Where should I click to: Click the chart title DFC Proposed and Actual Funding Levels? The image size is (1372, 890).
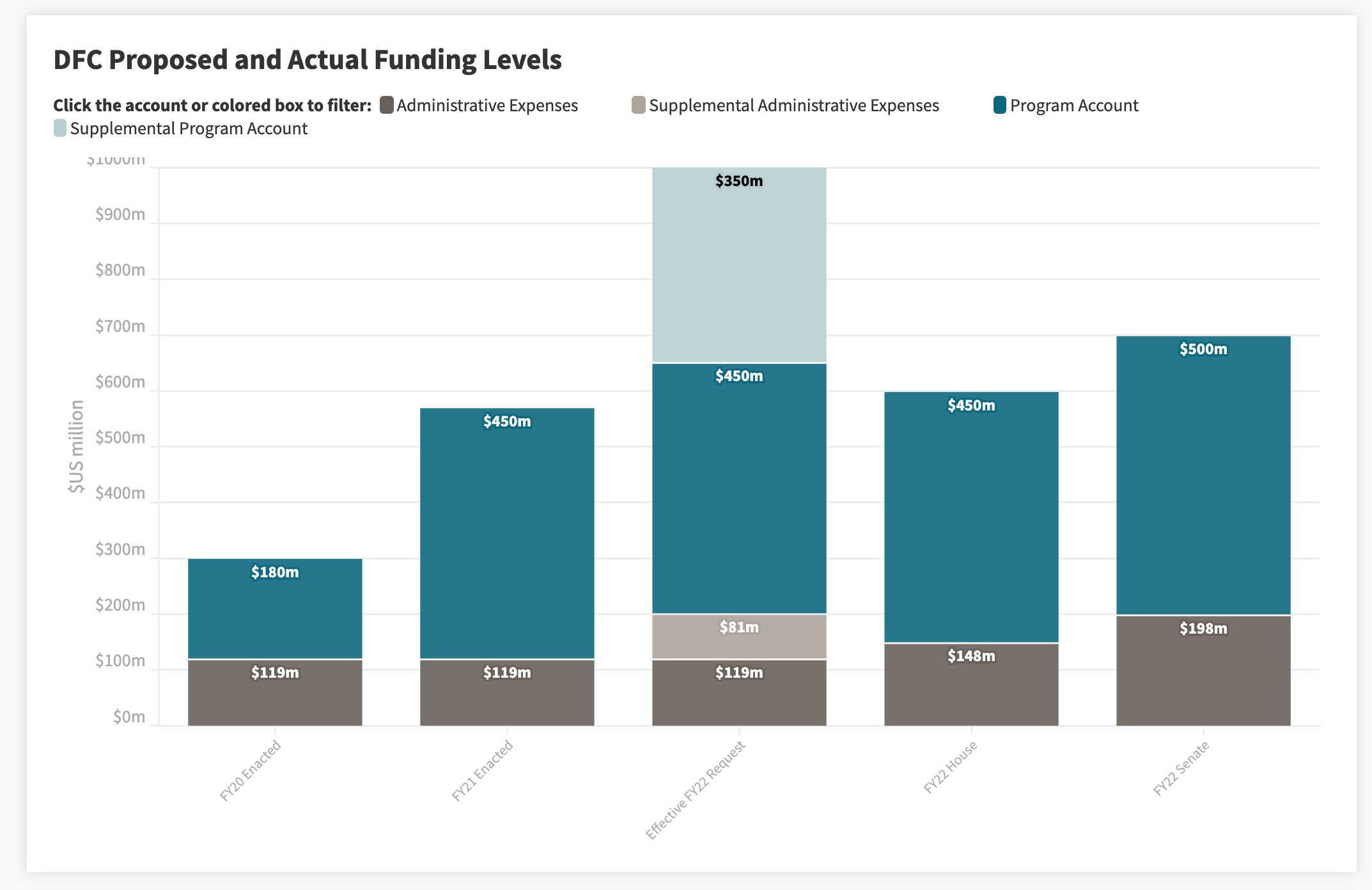[x=307, y=60]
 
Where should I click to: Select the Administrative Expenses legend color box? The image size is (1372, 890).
[x=386, y=105]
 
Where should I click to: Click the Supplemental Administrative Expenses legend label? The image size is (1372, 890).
[x=793, y=105]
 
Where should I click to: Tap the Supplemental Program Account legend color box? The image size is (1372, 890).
[x=60, y=129]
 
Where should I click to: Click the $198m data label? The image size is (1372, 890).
[x=1203, y=628]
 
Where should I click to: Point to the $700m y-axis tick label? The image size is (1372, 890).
[x=120, y=327]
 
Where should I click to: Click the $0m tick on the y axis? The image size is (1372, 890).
[x=129, y=717]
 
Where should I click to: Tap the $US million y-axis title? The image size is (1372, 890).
[x=76, y=446]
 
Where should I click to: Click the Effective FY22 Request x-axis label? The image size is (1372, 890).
[x=696, y=790]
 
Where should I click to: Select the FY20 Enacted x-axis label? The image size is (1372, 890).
[x=251, y=770]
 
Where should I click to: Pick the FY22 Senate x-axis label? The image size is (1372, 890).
[x=1181, y=768]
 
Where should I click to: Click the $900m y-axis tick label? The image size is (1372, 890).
[x=120, y=215]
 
